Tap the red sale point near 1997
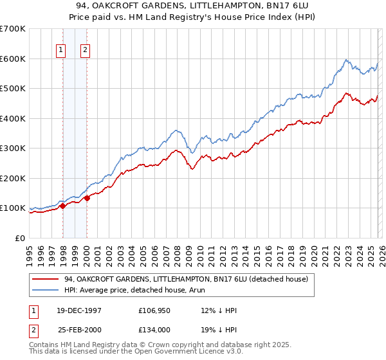pos(63,206)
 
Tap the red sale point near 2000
pos(87,198)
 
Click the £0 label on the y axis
pos(21,238)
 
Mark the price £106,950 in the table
pos(154,310)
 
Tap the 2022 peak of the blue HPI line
pos(346,60)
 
